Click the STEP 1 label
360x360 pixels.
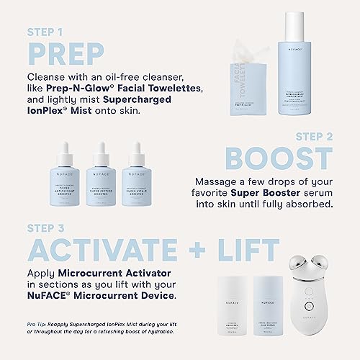[48, 32]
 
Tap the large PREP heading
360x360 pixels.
[66, 53]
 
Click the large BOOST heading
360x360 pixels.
[278, 159]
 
